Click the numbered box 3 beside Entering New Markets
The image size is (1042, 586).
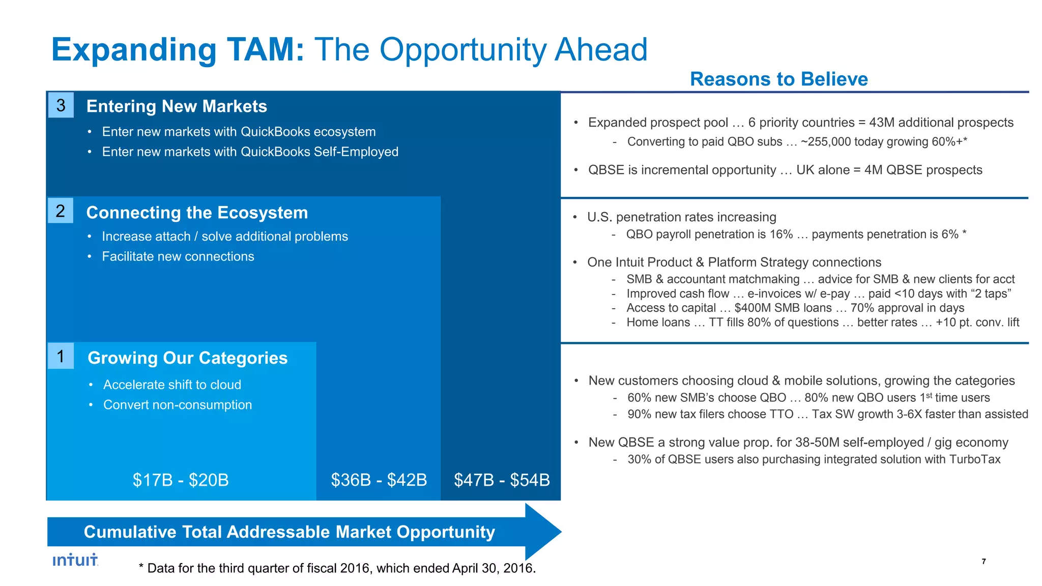click(x=61, y=105)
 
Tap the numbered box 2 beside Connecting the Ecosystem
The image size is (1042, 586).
click(x=61, y=211)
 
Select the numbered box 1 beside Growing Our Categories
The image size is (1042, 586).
click(x=61, y=356)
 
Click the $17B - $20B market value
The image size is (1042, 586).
click(x=181, y=480)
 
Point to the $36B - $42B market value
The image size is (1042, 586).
click(x=379, y=480)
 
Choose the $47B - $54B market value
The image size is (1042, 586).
click(x=502, y=480)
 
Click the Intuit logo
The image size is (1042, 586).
click(x=75, y=560)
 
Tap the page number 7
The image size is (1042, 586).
click(x=983, y=562)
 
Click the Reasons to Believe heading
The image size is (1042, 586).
click(x=778, y=79)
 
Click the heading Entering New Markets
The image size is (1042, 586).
click(x=177, y=106)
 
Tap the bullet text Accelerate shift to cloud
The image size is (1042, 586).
click(x=172, y=385)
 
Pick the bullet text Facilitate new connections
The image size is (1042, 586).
click(x=178, y=256)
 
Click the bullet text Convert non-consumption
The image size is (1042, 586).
click(x=178, y=405)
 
